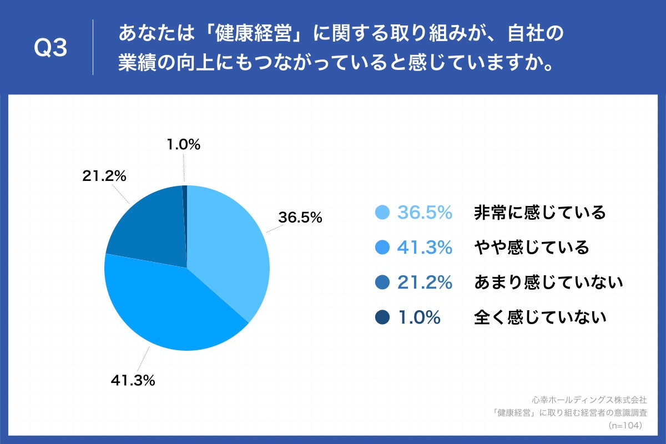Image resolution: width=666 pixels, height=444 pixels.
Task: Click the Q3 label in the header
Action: pos(51,49)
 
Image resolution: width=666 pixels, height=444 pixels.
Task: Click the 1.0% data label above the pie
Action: pos(183,145)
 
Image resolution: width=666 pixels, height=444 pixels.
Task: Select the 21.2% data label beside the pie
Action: pos(104,176)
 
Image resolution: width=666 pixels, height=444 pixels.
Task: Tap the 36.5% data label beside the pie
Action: pos(300,218)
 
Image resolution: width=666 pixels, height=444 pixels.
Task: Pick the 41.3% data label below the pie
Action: pos(133,381)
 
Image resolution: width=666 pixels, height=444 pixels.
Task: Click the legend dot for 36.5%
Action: pos(382,213)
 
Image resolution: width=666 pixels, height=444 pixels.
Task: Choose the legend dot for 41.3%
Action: pos(382,248)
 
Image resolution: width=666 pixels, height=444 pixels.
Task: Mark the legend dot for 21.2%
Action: pos(382,282)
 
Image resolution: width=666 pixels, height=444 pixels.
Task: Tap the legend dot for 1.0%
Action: pos(382,317)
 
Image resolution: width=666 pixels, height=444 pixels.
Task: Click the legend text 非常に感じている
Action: pos(539,213)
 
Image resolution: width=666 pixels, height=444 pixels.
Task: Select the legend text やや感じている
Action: pos(531,248)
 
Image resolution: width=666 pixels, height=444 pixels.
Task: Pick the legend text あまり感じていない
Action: pos(548,282)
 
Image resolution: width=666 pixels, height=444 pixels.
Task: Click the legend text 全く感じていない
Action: pos(539,317)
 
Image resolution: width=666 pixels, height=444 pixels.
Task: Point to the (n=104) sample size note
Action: pos(625,426)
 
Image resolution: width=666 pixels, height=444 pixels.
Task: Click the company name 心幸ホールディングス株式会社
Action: pos(589,400)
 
